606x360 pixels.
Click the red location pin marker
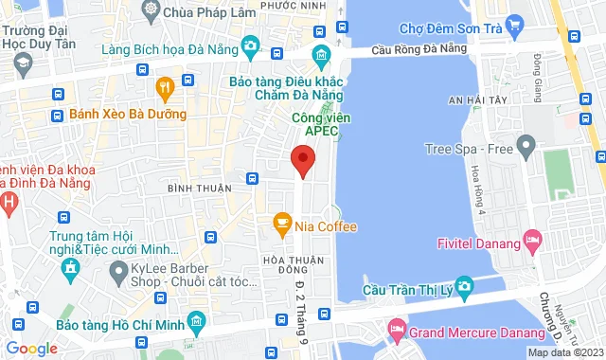tap(302, 160)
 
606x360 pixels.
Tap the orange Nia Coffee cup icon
tap(282, 225)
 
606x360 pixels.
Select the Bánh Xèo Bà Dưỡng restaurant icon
tap(165, 90)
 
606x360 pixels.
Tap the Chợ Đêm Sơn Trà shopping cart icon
tap(515, 23)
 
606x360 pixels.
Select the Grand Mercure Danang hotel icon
tap(396, 333)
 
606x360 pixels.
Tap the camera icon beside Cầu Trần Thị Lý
tap(464, 285)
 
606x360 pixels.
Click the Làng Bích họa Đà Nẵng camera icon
tap(250, 45)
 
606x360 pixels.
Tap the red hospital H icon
tap(8, 202)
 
